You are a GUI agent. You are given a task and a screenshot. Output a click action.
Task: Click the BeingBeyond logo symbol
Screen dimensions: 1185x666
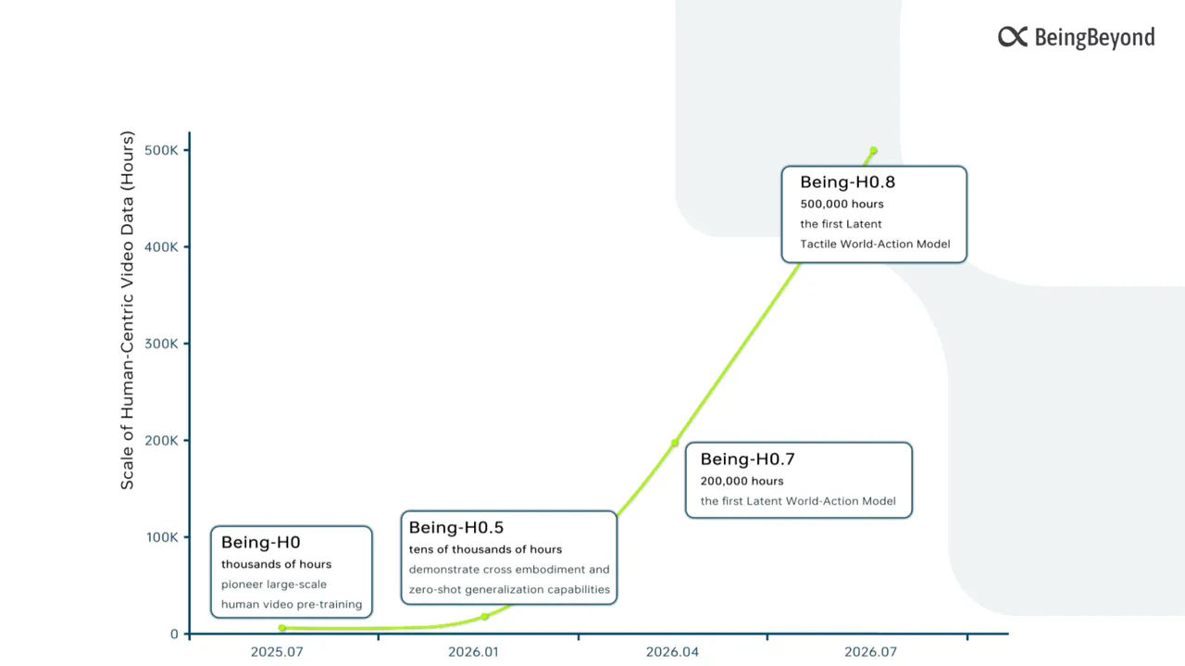click(x=1013, y=37)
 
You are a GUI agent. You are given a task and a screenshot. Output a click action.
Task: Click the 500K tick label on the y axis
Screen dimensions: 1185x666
click(x=161, y=150)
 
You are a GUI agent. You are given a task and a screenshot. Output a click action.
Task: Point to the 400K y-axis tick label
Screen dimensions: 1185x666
click(x=161, y=247)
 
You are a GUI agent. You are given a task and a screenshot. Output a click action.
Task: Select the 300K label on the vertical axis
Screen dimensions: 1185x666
click(x=161, y=345)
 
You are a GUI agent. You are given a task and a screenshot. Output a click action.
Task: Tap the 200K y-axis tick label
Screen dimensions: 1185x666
click(x=161, y=441)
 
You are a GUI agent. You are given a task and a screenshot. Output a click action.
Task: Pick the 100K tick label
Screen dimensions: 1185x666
click(x=162, y=537)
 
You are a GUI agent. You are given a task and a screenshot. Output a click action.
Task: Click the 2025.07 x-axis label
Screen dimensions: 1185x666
click(x=277, y=652)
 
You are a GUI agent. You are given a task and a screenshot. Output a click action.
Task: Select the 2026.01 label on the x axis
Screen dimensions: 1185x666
click(x=473, y=652)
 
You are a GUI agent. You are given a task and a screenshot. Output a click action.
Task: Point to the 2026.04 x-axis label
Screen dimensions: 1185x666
click(x=672, y=652)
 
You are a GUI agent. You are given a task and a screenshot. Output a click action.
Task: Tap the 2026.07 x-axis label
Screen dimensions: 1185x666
click(x=871, y=652)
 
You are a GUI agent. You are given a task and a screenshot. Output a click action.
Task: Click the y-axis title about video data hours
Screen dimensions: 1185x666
click(x=128, y=310)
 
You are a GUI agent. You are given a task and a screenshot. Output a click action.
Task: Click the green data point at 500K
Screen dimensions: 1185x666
click(x=873, y=150)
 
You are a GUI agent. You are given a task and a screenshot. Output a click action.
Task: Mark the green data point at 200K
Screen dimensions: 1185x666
click(x=675, y=443)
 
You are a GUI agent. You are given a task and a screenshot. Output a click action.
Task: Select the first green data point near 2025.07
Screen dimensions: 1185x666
click(x=282, y=628)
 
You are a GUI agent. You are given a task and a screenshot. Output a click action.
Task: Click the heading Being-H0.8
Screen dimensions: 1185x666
click(x=847, y=182)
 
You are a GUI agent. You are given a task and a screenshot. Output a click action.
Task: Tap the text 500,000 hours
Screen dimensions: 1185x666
click(x=842, y=205)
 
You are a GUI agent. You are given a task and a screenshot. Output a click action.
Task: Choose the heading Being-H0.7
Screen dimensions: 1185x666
click(x=747, y=459)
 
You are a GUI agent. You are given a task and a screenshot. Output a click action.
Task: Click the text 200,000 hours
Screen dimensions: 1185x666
click(x=742, y=482)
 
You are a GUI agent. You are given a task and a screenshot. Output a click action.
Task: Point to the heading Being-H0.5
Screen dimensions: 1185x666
click(x=456, y=527)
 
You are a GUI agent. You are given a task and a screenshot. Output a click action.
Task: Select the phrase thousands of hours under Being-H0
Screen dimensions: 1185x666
click(x=276, y=564)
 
